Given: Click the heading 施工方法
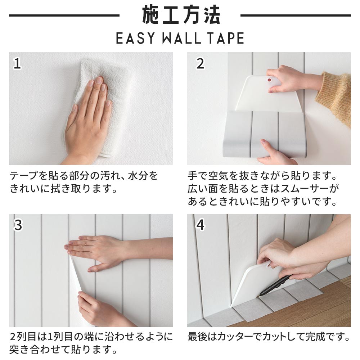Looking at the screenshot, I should click(180, 15).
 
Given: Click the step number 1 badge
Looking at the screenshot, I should click(17, 63).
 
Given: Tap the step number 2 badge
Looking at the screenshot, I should click(200, 63).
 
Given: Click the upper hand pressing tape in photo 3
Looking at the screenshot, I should click(97, 250).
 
